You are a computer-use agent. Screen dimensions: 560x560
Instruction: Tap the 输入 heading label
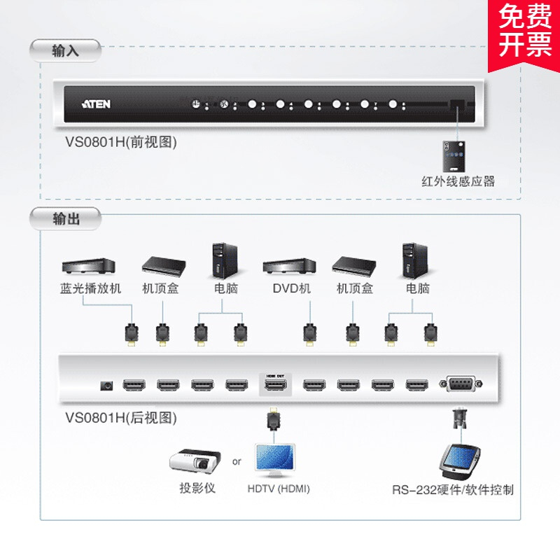66,50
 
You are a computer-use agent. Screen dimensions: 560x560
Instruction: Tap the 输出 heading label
66,219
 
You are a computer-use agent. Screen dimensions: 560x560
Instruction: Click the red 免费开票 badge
524,32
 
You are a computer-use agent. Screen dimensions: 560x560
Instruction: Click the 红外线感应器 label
458,181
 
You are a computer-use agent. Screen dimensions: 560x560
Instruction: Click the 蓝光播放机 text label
90,288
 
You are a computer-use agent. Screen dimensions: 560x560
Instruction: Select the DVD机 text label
291,288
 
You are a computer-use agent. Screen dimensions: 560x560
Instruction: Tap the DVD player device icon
289,267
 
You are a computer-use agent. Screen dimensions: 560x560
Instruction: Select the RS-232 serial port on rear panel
459,384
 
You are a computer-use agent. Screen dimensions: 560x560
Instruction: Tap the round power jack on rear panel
108,385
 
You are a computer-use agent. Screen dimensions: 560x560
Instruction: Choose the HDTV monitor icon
278,461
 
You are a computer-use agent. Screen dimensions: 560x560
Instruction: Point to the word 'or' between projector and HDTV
237,462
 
